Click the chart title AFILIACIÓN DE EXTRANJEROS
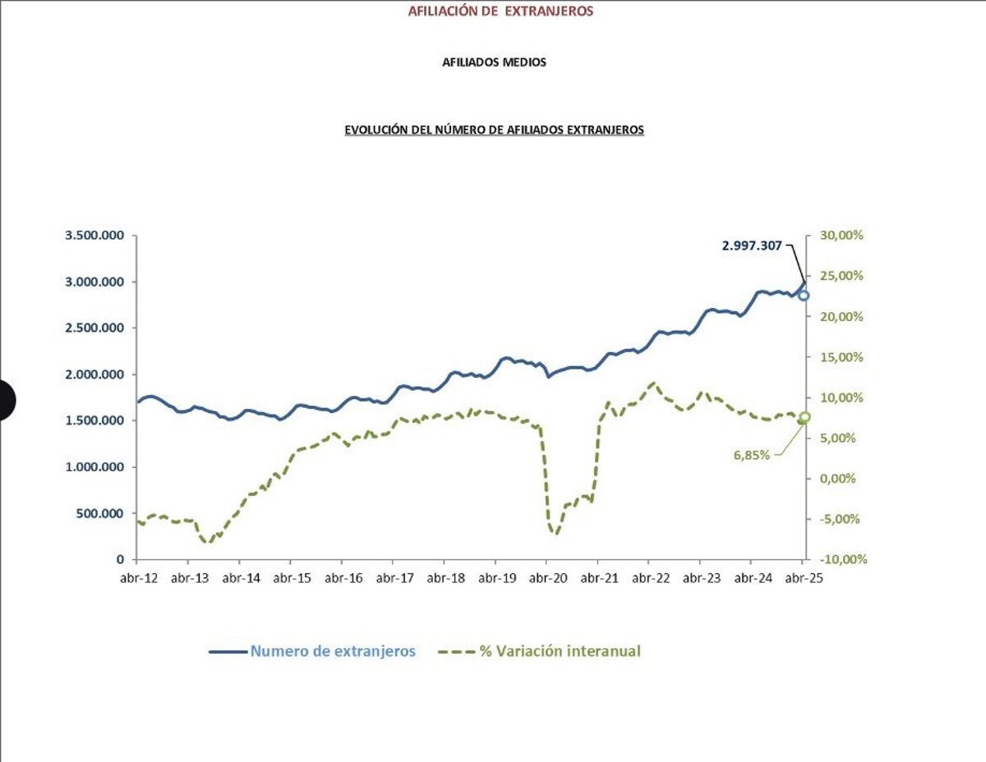(x=500, y=11)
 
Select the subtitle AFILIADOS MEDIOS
(x=494, y=62)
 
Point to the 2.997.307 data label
(x=752, y=246)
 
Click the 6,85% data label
(x=751, y=455)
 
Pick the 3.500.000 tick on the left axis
(x=94, y=236)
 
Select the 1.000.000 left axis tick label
(x=94, y=467)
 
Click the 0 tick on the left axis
(x=120, y=559)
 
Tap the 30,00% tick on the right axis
(x=841, y=236)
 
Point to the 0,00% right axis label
(x=837, y=478)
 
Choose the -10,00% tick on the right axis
(x=844, y=559)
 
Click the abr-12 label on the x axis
(x=138, y=578)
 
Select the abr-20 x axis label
(x=548, y=578)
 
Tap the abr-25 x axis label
(x=804, y=578)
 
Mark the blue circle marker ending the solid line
(x=804, y=296)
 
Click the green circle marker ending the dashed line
(x=805, y=417)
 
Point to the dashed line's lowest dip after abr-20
(x=555, y=534)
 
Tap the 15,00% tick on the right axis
(x=841, y=357)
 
